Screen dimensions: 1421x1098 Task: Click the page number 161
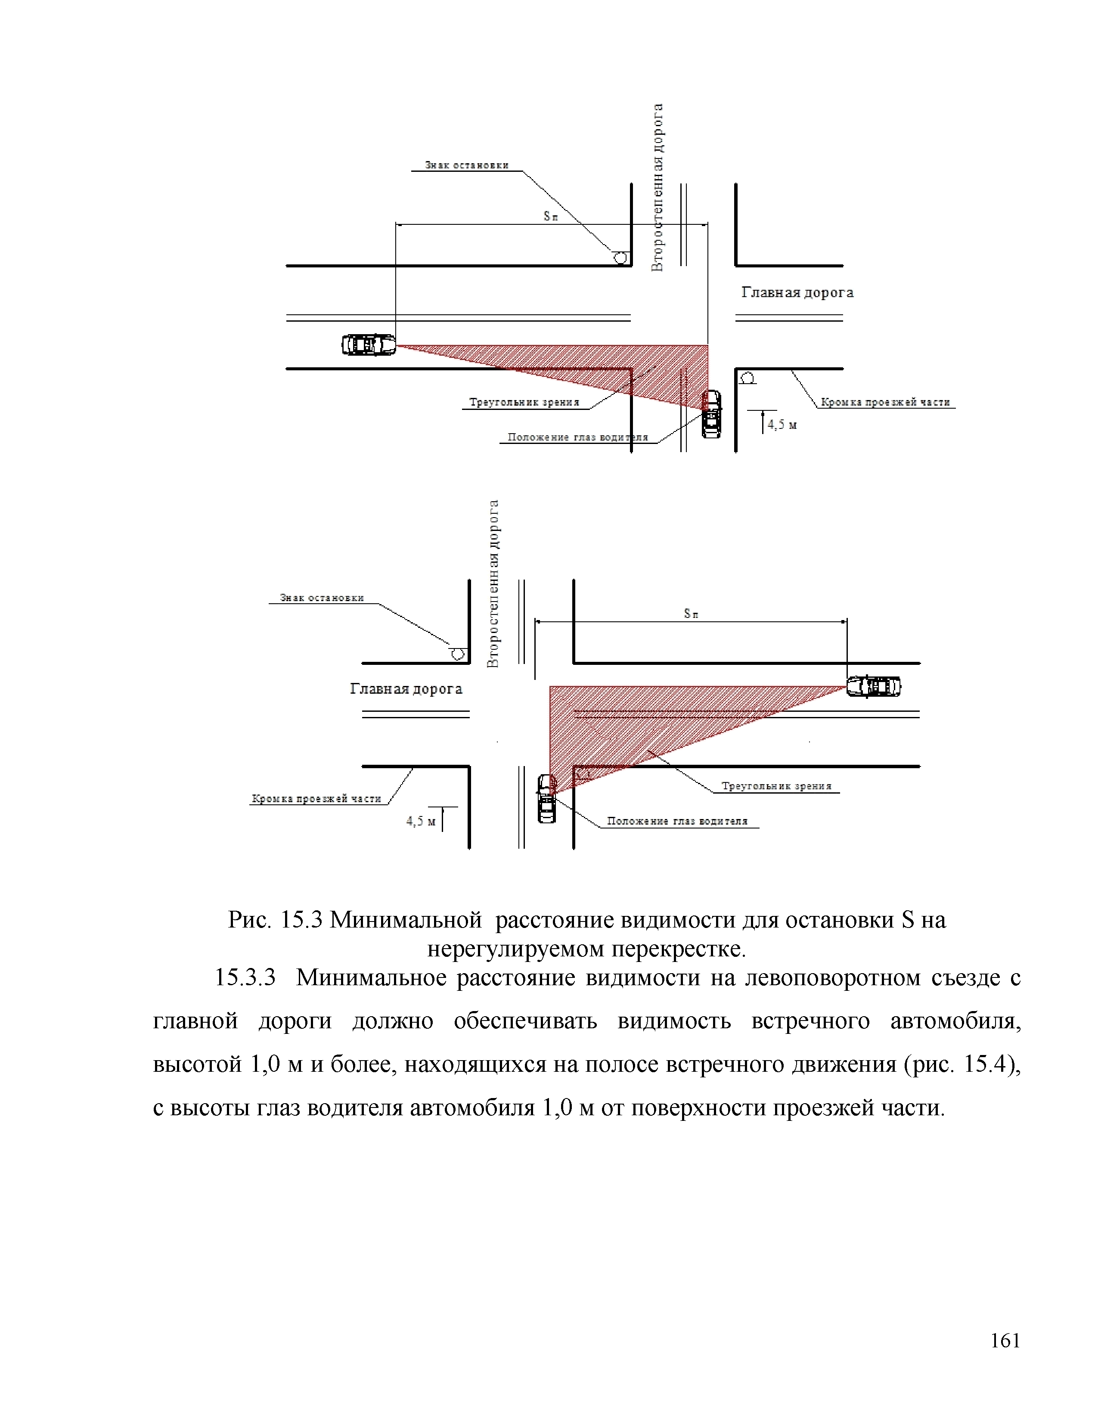tap(1005, 1341)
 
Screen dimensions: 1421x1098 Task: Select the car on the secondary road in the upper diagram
tap(712, 414)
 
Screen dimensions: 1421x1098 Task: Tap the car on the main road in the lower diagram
tap(874, 686)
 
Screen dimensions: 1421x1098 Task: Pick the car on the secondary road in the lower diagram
tap(546, 799)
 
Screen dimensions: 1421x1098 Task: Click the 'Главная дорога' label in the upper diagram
tap(797, 293)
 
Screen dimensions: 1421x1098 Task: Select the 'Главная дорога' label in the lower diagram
tap(406, 689)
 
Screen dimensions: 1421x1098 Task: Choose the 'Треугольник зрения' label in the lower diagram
tap(776, 786)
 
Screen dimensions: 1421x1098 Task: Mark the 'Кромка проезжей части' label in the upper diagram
tap(885, 402)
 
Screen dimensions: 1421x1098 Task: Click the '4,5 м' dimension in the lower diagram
tap(421, 821)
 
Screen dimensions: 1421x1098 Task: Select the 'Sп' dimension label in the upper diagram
tap(550, 217)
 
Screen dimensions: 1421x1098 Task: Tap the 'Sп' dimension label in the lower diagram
tap(691, 614)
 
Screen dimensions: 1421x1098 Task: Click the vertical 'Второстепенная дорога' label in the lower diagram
tap(494, 583)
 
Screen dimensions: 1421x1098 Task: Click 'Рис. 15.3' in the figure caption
tap(275, 920)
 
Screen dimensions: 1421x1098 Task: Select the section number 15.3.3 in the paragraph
tap(245, 977)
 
